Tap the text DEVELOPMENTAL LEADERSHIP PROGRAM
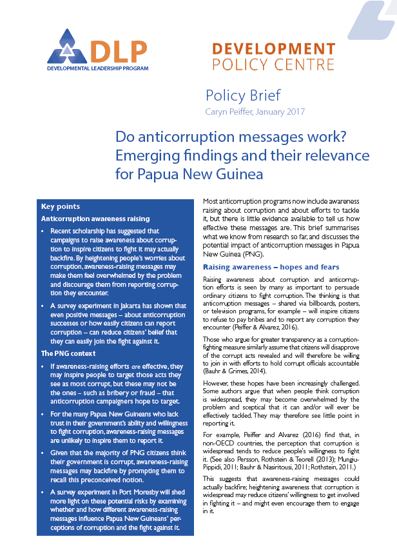click(x=97, y=68)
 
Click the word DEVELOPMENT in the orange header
click(x=273, y=49)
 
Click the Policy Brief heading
click(x=242, y=95)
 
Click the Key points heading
click(x=60, y=207)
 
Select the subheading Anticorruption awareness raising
click(x=95, y=219)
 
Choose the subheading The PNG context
click(x=69, y=353)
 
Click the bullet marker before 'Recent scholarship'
click(x=43, y=231)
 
